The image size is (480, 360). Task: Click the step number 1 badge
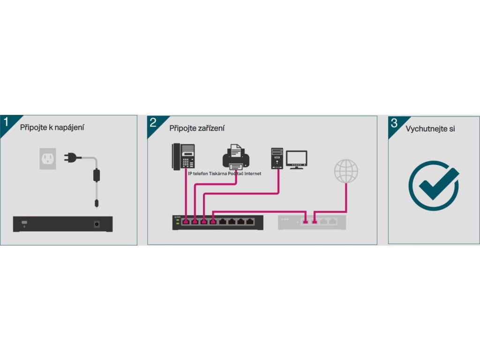pyautogui.click(x=6, y=122)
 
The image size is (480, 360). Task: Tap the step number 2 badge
pyautogui.click(x=153, y=123)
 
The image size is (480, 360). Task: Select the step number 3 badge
pyautogui.click(x=394, y=123)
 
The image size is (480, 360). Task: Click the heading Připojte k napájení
pyautogui.click(x=52, y=127)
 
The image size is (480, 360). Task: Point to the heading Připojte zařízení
pyautogui.click(x=197, y=128)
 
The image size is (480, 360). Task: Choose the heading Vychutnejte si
pyautogui.click(x=430, y=128)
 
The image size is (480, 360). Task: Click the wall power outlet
pyautogui.click(x=47, y=158)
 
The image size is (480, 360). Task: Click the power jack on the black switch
pyautogui.click(x=98, y=224)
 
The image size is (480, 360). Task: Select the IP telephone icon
pyautogui.click(x=183, y=156)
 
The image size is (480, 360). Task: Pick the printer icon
pyautogui.click(x=236, y=157)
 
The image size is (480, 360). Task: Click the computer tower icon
pyautogui.click(x=277, y=158)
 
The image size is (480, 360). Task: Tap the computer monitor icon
pyautogui.click(x=297, y=159)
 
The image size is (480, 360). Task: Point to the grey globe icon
pyautogui.click(x=346, y=171)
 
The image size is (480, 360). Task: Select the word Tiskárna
pyautogui.click(x=217, y=173)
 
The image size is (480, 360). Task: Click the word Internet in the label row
pyautogui.click(x=251, y=173)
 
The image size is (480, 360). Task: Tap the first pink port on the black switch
pyautogui.click(x=186, y=221)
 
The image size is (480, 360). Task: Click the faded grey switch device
pyautogui.click(x=312, y=222)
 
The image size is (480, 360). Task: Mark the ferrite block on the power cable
pyautogui.click(x=97, y=175)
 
